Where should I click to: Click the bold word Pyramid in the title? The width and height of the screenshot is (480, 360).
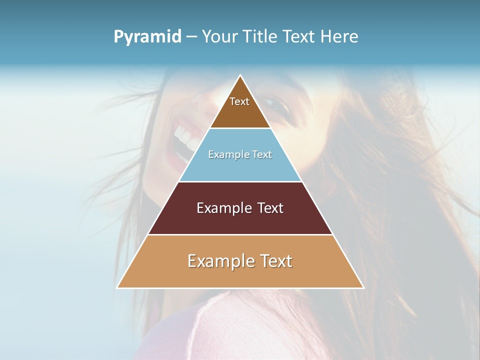(x=147, y=37)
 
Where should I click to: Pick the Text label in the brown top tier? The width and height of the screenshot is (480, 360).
(x=239, y=101)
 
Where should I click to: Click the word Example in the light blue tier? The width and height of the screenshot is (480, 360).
(x=227, y=154)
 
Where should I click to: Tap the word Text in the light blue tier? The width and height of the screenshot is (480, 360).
(x=260, y=154)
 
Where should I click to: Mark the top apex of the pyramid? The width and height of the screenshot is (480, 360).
(x=240, y=75)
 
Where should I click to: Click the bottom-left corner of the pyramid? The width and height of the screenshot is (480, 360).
(x=117, y=287)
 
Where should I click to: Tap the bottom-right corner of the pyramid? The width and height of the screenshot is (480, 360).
(x=363, y=287)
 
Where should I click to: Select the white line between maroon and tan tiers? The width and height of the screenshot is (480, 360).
(x=240, y=234)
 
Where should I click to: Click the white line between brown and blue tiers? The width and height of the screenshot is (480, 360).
(x=240, y=128)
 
